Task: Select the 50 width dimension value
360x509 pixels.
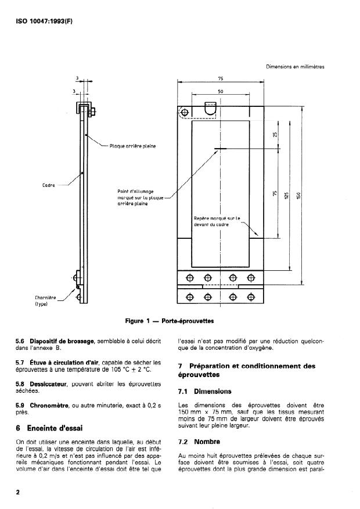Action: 221,92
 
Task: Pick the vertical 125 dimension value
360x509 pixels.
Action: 286,196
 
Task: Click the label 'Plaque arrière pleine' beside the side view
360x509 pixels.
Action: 128,145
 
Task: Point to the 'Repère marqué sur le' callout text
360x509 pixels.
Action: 213,218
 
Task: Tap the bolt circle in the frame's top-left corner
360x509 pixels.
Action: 185,112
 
